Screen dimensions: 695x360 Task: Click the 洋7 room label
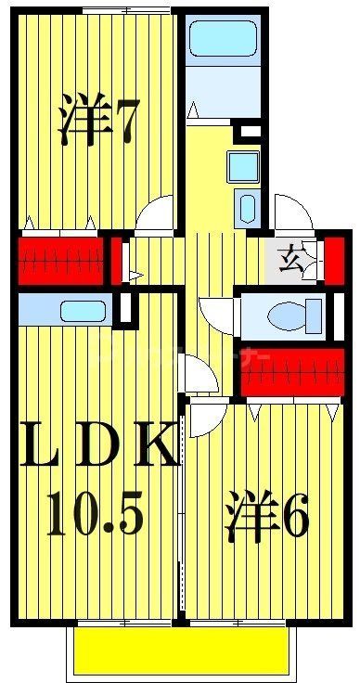(98, 120)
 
